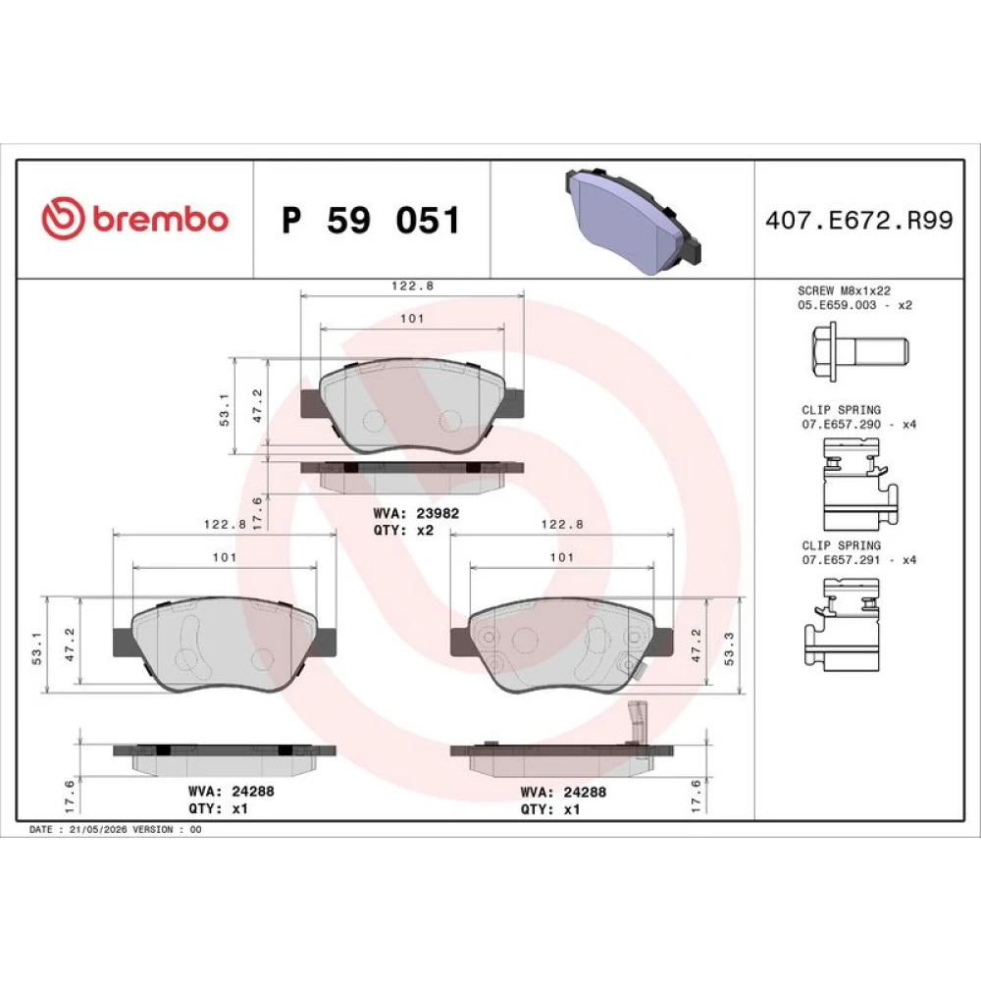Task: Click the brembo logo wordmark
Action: [161, 219]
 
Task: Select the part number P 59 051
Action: [371, 220]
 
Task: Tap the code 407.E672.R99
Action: [859, 220]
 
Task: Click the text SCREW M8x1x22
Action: [844, 291]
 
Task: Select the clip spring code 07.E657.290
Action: [841, 424]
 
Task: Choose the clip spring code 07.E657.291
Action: [841, 560]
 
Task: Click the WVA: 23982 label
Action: [416, 513]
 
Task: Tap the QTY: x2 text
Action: [403, 530]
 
